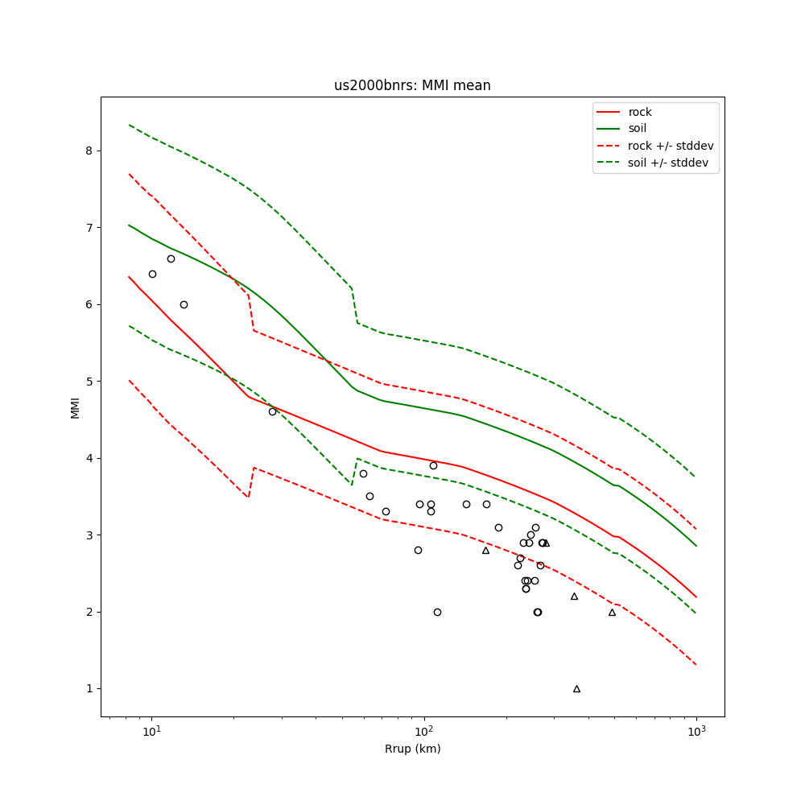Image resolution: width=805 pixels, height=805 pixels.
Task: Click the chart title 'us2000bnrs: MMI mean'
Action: coord(412,85)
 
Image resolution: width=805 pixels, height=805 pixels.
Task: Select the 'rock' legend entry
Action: coord(640,112)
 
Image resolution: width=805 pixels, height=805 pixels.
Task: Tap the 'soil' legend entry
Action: coord(637,129)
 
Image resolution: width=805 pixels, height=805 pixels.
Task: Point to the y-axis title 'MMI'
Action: coord(75,407)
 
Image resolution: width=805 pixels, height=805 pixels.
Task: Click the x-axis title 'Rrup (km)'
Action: coord(412,749)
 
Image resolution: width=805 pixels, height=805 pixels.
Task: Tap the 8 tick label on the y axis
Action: coord(90,151)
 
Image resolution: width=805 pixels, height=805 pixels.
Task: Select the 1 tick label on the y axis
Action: coord(90,689)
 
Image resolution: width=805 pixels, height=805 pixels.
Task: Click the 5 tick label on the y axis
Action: coord(90,382)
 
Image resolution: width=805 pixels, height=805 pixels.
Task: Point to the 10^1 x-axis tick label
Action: coord(151,729)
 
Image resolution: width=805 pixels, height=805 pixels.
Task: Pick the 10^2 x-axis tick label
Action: coord(423,729)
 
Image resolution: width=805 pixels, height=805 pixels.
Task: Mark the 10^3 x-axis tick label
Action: coord(696,729)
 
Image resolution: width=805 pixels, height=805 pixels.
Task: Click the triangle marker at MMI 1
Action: coord(576,688)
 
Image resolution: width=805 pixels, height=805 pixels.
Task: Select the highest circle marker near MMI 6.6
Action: coord(171,258)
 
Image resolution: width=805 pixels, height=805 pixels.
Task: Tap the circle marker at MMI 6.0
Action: coord(184,304)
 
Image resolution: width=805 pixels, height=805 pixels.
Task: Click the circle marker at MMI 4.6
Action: coord(272,411)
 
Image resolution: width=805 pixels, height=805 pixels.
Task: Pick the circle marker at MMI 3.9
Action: coord(433,465)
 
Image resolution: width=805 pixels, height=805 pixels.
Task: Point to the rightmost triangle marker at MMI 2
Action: coord(612,612)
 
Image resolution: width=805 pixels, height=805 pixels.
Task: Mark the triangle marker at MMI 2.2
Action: coord(574,596)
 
